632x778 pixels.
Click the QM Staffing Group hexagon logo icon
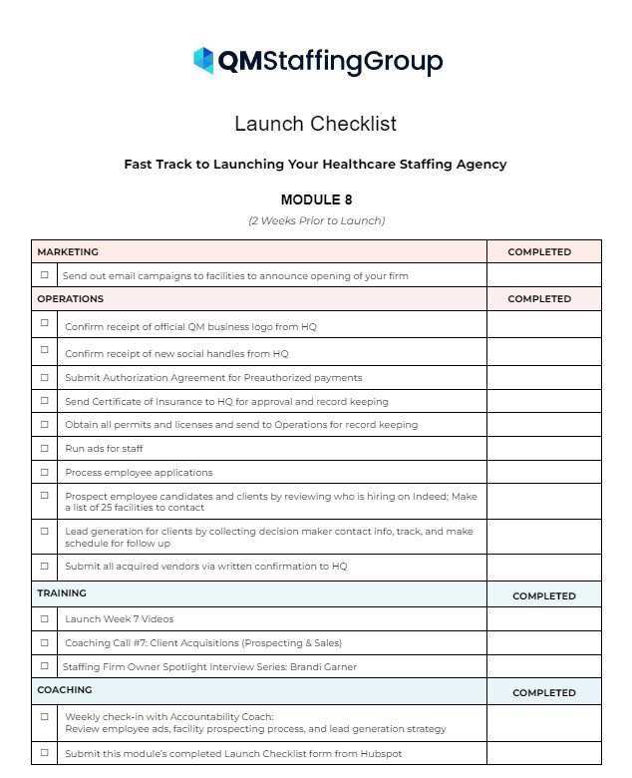[x=203, y=61]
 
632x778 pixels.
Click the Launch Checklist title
[x=315, y=124]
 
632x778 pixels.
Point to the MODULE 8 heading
[x=316, y=199]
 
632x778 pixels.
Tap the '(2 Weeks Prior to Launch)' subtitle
[x=316, y=220]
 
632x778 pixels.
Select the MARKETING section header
[x=68, y=252]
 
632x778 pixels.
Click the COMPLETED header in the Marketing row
[x=539, y=252]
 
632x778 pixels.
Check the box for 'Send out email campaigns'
[x=44, y=275]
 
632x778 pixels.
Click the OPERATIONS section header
[x=70, y=298]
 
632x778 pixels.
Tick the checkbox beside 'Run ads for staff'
[x=44, y=448]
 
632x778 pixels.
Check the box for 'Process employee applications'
[x=44, y=472]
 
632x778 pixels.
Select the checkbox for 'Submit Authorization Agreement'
[x=44, y=377]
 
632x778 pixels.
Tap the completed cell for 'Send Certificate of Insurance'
[x=543, y=401]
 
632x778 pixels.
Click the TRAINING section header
[x=62, y=593]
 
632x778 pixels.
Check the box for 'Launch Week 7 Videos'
[x=44, y=618]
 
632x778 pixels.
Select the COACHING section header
[x=65, y=690]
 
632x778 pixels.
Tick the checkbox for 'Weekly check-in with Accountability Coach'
[x=44, y=716]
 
